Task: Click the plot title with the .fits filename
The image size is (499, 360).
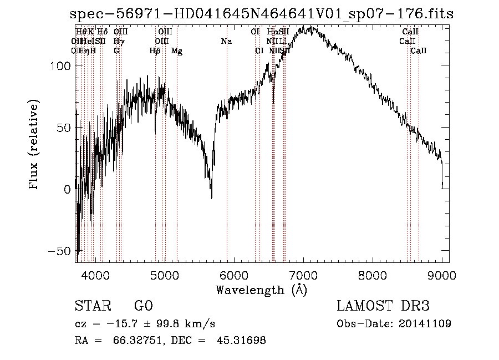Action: [x=262, y=14]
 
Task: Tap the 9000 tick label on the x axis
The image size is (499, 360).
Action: [x=442, y=275]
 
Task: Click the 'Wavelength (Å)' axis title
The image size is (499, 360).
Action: [x=261, y=290]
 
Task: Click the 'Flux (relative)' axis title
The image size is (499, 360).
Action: [x=34, y=145]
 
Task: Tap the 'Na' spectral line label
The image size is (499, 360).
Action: [x=226, y=42]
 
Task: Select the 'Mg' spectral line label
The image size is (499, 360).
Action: [x=177, y=51]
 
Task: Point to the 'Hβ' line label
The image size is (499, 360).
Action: [x=155, y=51]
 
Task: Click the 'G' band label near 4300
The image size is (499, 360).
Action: [x=116, y=51]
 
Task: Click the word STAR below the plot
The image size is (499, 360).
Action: [x=92, y=306]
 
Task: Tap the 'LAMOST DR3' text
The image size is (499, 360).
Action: [x=383, y=306]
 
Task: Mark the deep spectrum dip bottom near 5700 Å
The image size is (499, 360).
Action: [x=211, y=197]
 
